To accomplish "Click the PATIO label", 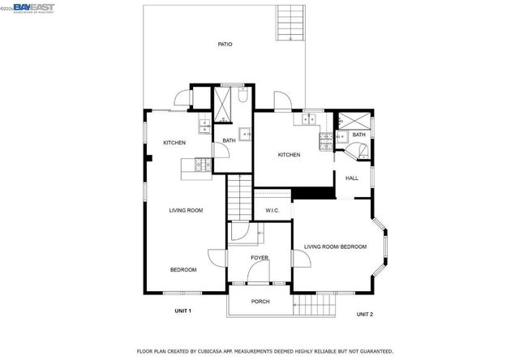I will pyautogui.click(x=225, y=44).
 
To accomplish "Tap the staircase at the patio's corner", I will pyautogui.click(x=289, y=22).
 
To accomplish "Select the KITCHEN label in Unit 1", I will pyautogui.click(x=174, y=143).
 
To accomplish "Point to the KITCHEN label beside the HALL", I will pyautogui.click(x=290, y=155).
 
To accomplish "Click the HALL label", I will pyautogui.click(x=352, y=178).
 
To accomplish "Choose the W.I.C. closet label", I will pyautogui.click(x=272, y=211).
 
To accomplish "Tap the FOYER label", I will pyautogui.click(x=259, y=258).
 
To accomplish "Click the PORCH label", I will pyautogui.click(x=260, y=302).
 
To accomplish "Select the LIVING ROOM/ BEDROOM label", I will pyautogui.click(x=336, y=246).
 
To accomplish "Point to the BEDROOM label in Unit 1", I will pyautogui.click(x=183, y=269).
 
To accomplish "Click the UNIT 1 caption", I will pyautogui.click(x=183, y=311).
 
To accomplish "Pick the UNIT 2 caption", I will pyautogui.click(x=365, y=313).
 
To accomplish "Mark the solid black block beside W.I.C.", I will pyautogui.click(x=313, y=192).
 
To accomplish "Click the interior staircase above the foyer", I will pyautogui.click(x=238, y=199).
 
